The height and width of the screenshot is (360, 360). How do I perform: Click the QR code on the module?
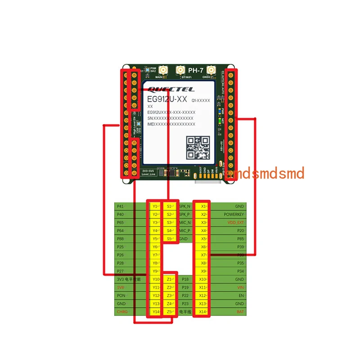[198, 147]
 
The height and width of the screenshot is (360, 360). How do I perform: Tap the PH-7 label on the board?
[197, 71]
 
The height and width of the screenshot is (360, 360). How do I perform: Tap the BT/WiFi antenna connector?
[180, 70]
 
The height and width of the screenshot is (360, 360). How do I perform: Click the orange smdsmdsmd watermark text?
[265, 173]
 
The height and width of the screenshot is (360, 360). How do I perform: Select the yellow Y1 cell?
[155, 206]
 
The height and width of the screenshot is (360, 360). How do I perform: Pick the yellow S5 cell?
[170, 238]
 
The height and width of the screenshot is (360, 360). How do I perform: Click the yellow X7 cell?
[202, 255]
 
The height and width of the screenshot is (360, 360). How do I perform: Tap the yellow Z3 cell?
[170, 296]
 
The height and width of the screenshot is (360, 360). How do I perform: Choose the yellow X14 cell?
[202, 312]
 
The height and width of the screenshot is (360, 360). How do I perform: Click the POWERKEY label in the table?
[234, 214]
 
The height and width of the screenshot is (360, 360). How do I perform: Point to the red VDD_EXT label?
[235, 222]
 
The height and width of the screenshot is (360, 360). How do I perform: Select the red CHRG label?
[122, 312]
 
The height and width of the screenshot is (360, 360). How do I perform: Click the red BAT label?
[240, 312]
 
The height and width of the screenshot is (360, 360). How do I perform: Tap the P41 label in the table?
[120, 206]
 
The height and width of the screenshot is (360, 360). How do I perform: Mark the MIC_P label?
[185, 230]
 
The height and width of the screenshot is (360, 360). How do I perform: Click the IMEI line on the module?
[171, 124]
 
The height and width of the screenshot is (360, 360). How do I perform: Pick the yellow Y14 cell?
[155, 312]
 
